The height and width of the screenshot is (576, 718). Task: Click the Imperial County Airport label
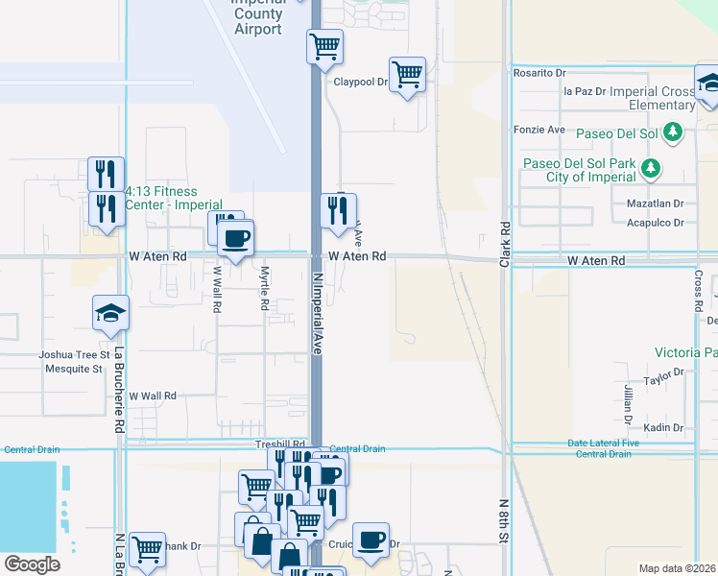[x=258, y=15]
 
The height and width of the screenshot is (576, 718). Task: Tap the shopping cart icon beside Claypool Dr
[x=408, y=74]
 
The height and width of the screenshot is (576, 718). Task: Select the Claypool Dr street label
[x=360, y=83]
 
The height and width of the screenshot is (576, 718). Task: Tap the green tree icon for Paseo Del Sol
[x=674, y=132]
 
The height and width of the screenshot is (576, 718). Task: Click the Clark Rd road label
[x=504, y=244]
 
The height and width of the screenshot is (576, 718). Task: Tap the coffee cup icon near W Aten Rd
[x=236, y=237]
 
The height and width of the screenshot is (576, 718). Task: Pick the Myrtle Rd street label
[x=264, y=288]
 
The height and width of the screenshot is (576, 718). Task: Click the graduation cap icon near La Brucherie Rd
[x=110, y=312]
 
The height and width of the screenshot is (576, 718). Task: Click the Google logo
[x=32, y=564]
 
